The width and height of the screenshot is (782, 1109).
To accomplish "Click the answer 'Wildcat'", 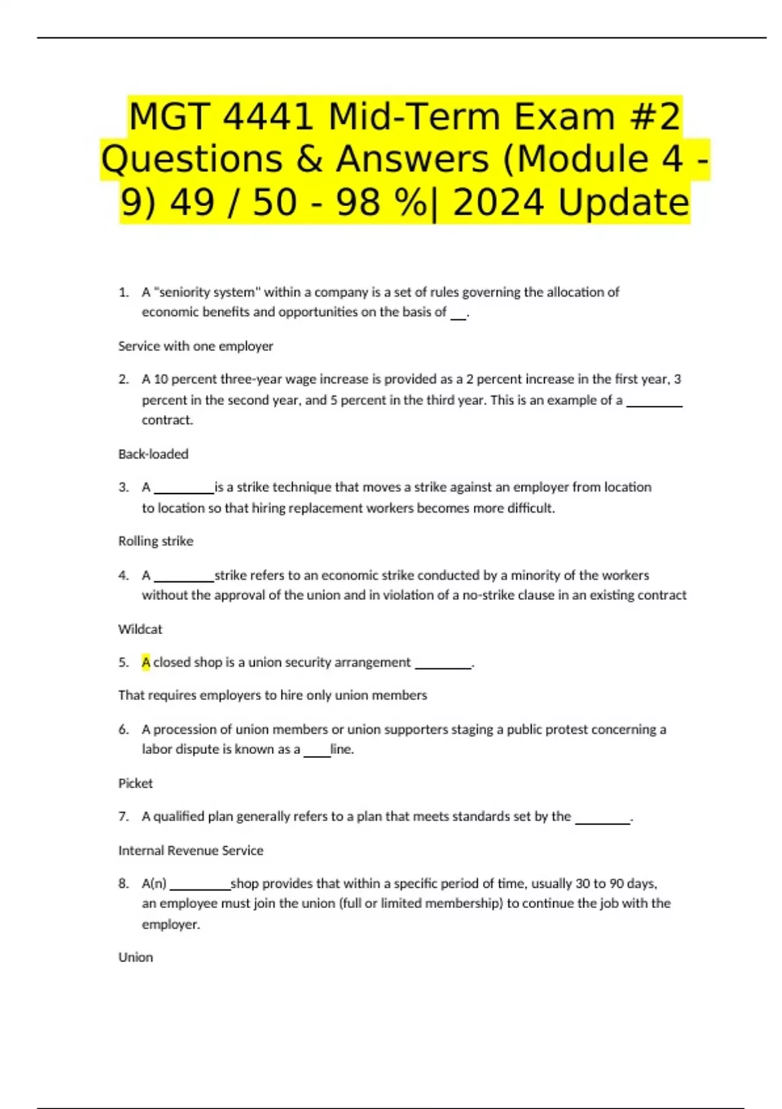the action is [x=140, y=629].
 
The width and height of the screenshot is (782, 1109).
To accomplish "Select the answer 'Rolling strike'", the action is [x=156, y=541].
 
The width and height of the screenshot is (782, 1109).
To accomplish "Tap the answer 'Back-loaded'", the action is [x=153, y=454].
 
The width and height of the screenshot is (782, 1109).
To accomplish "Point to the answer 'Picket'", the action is [x=136, y=783].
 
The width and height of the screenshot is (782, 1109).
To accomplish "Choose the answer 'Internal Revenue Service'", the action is [x=191, y=850].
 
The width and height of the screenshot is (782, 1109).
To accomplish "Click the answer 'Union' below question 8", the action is [x=136, y=957].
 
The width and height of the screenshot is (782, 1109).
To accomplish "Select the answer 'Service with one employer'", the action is [x=195, y=346].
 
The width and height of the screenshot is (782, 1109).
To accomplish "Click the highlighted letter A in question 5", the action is [x=146, y=662].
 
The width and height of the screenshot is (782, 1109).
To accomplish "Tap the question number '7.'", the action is [x=124, y=816].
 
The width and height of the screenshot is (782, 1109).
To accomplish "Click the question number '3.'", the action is [x=124, y=487].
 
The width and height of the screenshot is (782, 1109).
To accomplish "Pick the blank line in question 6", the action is [x=317, y=754].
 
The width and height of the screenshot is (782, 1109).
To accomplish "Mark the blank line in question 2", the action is [x=654, y=404].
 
